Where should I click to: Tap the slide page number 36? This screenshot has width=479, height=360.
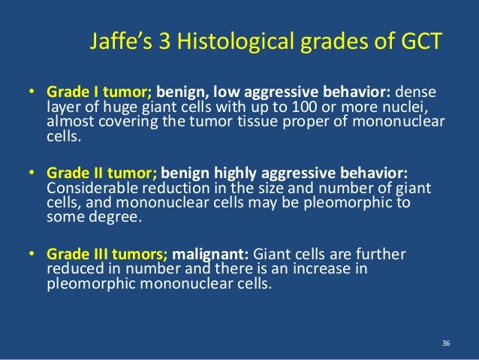point(446,343)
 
